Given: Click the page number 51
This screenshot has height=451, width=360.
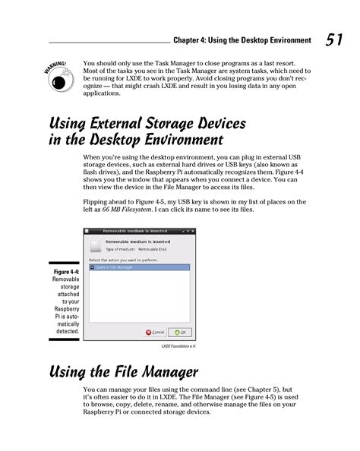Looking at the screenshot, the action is (335, 39).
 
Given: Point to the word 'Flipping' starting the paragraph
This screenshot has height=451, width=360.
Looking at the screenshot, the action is (96, 202).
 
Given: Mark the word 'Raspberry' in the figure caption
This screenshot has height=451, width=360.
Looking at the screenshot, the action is (63, 310).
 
